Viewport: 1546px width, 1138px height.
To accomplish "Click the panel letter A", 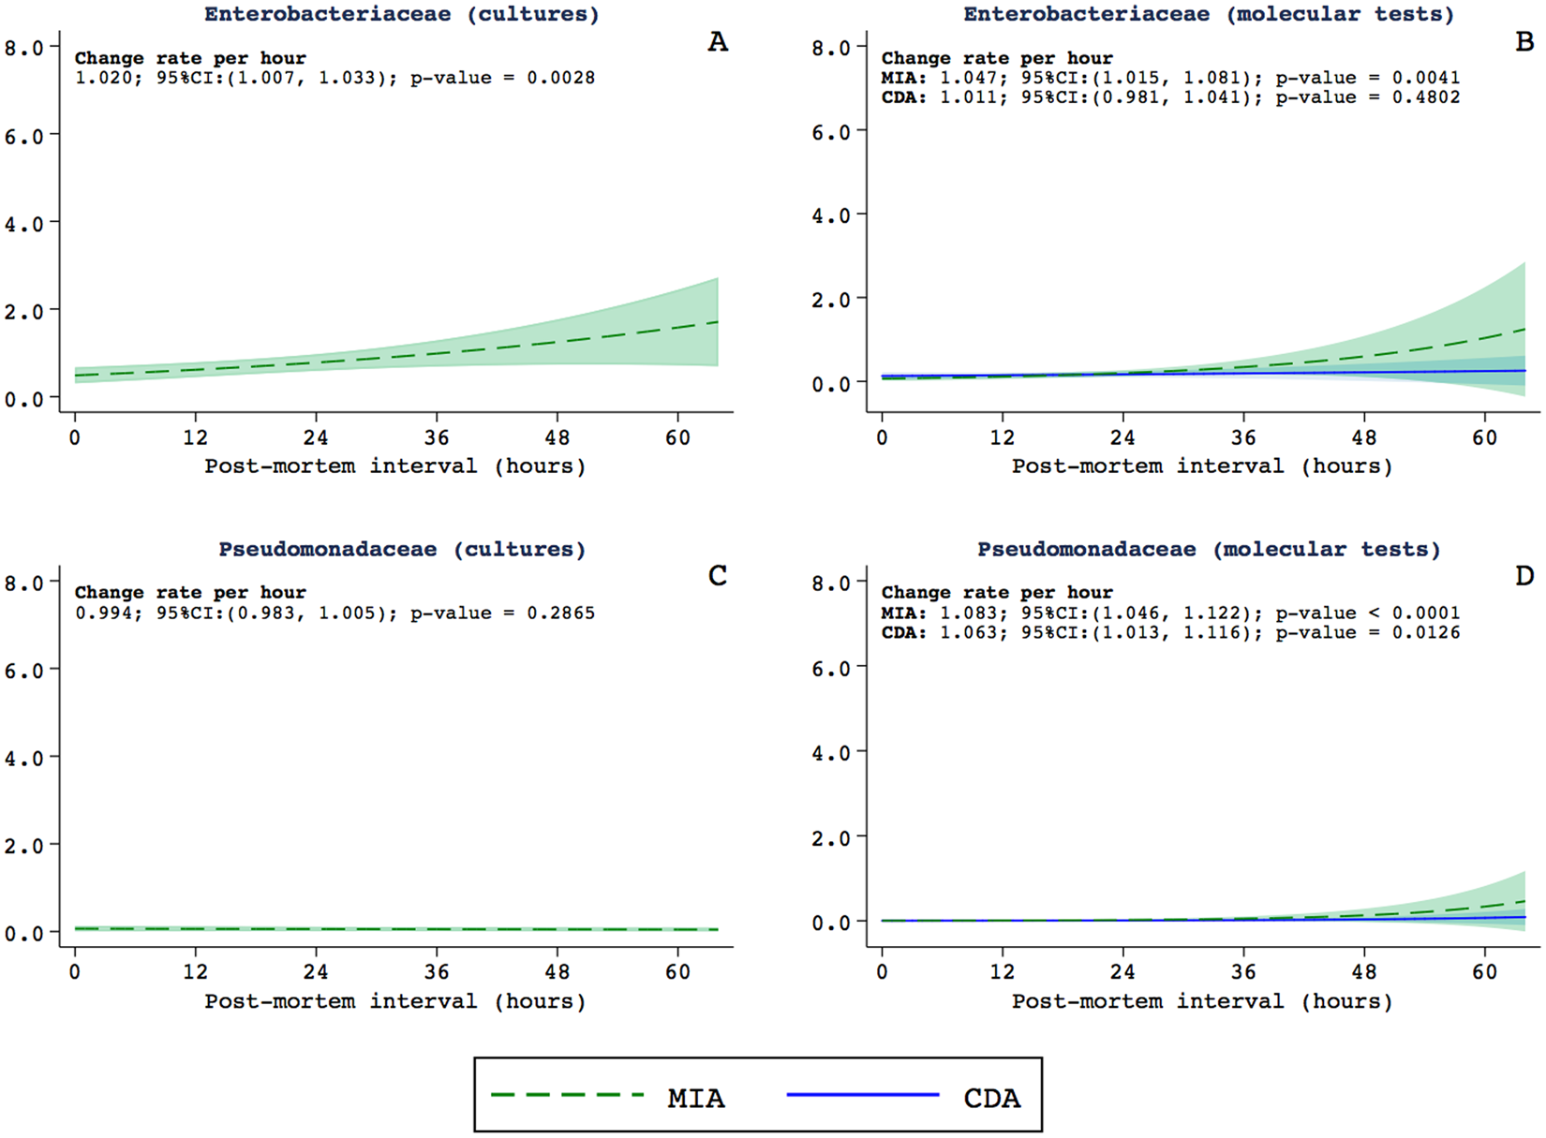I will pyautogui.click(x=717, y=42).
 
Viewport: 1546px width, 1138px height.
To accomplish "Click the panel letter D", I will pyautogui.click(x=1524, y=576).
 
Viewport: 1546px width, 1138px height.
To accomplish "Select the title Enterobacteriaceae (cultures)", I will pyautogui.click(x=401, y=14).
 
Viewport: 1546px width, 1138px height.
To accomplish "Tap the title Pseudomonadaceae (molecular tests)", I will pyautogui.click(x=1209, y=549).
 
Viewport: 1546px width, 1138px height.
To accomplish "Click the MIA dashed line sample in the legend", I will pyautogui.click(x=568, y=1095).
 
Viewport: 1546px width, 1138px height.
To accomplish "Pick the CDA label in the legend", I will pyautogui.click(x=991, y=1098).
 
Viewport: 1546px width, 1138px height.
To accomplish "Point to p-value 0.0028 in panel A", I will pyautogui.click(x=560, y=78).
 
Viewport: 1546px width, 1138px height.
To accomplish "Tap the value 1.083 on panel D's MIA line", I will pyautogui.click(x=968, y=613).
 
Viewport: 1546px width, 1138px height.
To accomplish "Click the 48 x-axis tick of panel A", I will pyautogui.click(x=557, y=437).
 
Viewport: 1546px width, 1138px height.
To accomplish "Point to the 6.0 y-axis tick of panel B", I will pyautogui.click(x=830, y=132).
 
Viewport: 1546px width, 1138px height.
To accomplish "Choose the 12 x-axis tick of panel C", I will pyautogui.click(x=195, y=972).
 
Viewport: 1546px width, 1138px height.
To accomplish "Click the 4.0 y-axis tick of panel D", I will pyautogui.click(x=830, y=753).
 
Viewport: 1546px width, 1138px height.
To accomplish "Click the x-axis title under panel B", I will pyautogui.click(x=1202, y=466).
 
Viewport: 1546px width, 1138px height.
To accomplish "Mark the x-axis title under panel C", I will pyautogui.click(x=395, y=1001).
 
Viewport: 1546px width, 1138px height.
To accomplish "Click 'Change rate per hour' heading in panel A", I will pyautogui.click(x=190, y=58).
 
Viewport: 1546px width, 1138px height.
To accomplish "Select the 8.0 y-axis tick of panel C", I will pyautogui.click(x=24, y=583).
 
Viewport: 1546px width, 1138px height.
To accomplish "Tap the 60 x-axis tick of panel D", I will pyautogui.click(x=1484, y=972).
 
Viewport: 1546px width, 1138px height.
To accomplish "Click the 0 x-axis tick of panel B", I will pyautogui.click(x=882, y=437).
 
